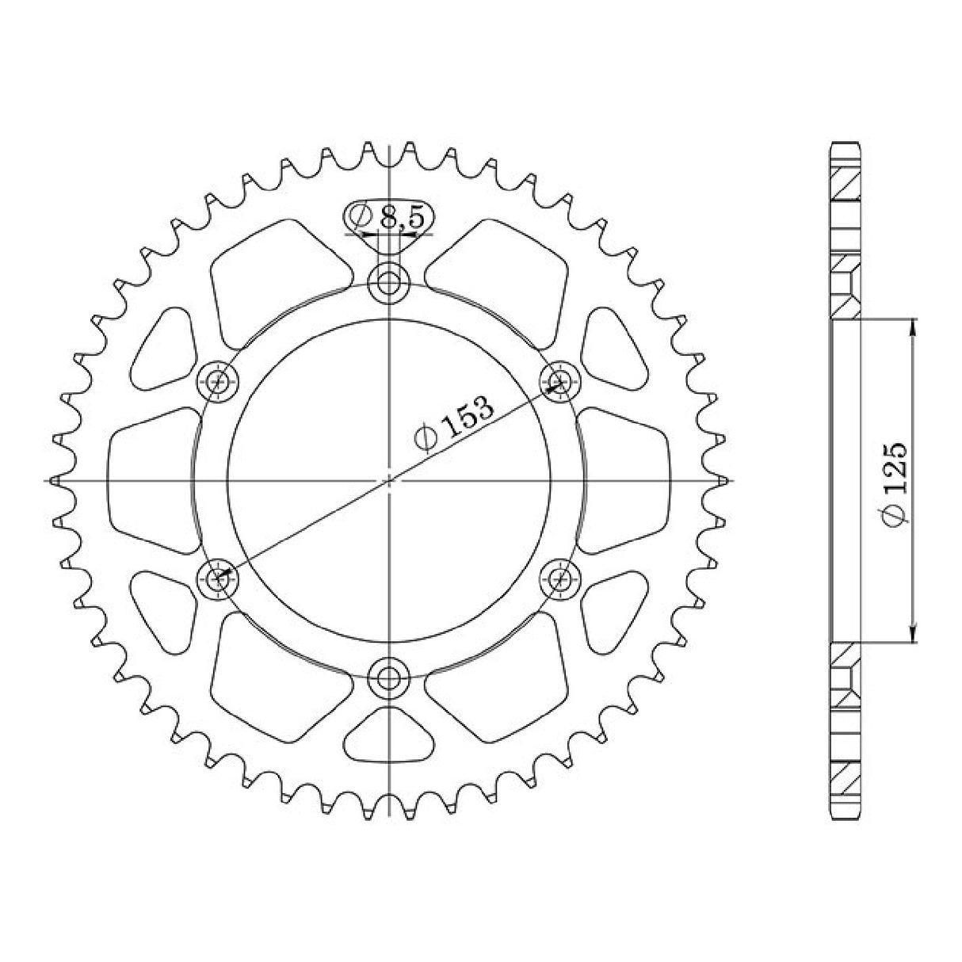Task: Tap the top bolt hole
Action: pos(389,282)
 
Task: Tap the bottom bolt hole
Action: pos(389,677)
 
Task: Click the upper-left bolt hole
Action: pos(218,382)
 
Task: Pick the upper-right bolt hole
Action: pos(561,381)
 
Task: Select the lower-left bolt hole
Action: pos(218,578)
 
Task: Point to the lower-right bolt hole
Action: pos(561,578)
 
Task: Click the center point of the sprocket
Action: pos(389,480)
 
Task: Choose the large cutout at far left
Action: pos(151,480)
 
